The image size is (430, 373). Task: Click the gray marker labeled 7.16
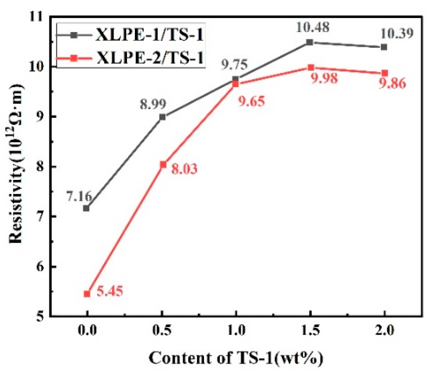(86, 208)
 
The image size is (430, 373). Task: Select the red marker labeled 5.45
(87, 294)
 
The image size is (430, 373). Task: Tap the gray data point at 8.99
(162, 117)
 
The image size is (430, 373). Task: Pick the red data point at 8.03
(163, 164)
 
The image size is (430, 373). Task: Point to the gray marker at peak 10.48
(310, 42)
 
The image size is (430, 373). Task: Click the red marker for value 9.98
(311, 68)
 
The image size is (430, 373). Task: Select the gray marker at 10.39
(384, 47)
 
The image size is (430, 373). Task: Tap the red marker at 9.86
(385, 73)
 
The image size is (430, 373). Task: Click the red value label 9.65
(251, 101)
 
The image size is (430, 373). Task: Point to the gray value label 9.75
(234, 64)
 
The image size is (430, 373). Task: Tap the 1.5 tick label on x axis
(310, 331)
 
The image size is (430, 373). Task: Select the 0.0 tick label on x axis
(87, 331)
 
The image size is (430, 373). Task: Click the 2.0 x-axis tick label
(384, 331)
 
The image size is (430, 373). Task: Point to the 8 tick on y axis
(41, 166)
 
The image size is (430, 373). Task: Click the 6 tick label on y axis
(41, 266)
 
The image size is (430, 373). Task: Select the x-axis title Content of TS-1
(236, 358)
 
